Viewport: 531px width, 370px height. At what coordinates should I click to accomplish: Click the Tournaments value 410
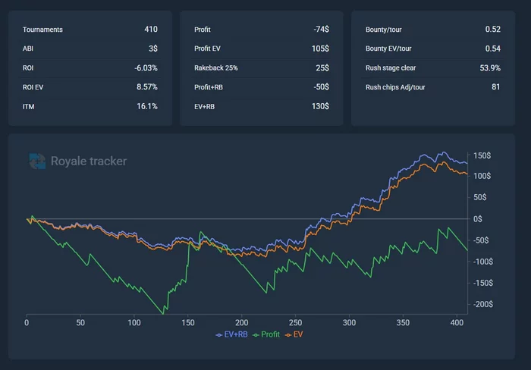tap(150, 30)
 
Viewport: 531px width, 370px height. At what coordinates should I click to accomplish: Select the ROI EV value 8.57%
tap(146, 87)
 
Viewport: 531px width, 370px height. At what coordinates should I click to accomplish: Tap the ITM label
tap(28, 106)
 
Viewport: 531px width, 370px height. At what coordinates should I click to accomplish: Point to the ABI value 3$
tap(153, 49)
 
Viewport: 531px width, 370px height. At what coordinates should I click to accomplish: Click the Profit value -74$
tap(320, 30)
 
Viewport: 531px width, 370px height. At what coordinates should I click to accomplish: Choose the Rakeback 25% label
tap(215, 68)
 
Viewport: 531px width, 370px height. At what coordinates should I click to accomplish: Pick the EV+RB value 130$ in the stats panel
tap(319, 106)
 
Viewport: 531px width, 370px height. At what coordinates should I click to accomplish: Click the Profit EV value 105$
tap(319, 49)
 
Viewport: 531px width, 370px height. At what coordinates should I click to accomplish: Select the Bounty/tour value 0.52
tap(492, 30)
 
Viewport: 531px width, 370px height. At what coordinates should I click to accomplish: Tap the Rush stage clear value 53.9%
tap(490, 68)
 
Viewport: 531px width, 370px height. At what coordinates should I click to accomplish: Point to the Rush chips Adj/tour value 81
tap(495, 87)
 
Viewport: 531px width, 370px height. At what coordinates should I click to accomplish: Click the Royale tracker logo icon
tap(37, 161)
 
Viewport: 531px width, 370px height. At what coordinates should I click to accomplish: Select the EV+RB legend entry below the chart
tap(231, 334)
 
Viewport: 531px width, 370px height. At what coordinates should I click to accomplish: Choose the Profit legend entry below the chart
tap(265, 334)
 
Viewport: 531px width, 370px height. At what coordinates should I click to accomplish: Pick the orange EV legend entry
tap(294, 334)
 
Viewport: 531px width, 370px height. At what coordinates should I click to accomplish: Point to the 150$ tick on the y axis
tap(481, 156)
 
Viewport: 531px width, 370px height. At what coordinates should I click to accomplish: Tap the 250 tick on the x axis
tap(295, 322)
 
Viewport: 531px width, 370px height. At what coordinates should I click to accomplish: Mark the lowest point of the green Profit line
tap(162, 312)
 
